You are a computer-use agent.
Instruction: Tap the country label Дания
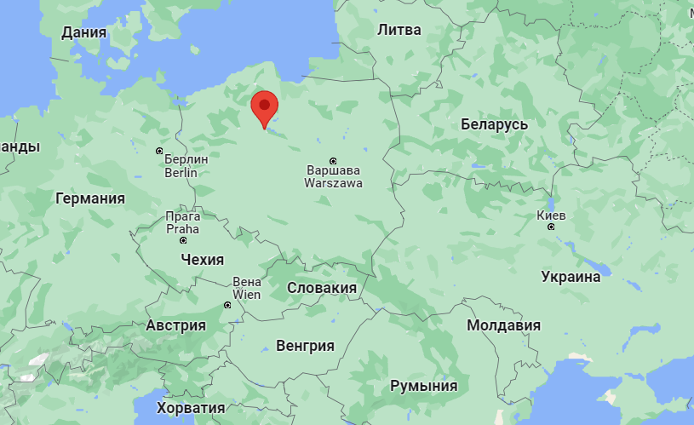tap(84, 32)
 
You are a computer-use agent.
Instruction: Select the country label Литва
tap(399, 30)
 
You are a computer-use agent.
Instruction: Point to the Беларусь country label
tap(494, 124)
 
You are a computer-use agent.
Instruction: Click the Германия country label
tap(89, 198)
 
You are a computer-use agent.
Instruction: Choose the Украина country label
tap(571, 276)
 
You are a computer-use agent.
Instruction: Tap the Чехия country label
tap(202, 259)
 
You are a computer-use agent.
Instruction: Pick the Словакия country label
tap(321, 288)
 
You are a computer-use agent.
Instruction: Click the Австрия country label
tap(175, 325)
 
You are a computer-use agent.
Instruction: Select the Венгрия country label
tap(305, 345)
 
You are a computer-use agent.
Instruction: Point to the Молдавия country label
tap(503, 325)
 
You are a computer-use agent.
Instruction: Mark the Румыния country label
tap(423, 386)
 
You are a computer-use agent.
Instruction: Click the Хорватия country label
tap(191, 408)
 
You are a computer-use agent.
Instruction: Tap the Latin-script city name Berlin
tap(181, 173)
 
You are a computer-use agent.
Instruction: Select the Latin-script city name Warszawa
tap(335, 183)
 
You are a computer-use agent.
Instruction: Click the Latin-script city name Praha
tap(182, 229)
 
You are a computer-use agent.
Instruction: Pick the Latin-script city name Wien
tap(246, 295)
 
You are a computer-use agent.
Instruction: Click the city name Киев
tap(551, 215)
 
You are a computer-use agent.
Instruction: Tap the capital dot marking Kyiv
tap(551, 227)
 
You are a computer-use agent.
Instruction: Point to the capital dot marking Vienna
tap(227, 305)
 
